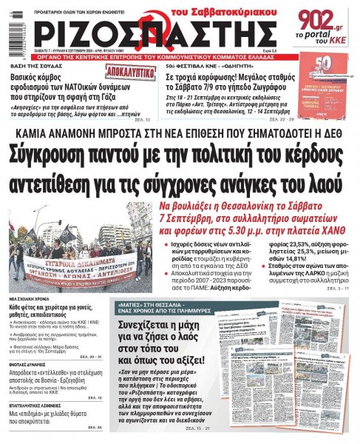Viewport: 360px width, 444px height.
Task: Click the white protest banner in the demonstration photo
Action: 81,263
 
